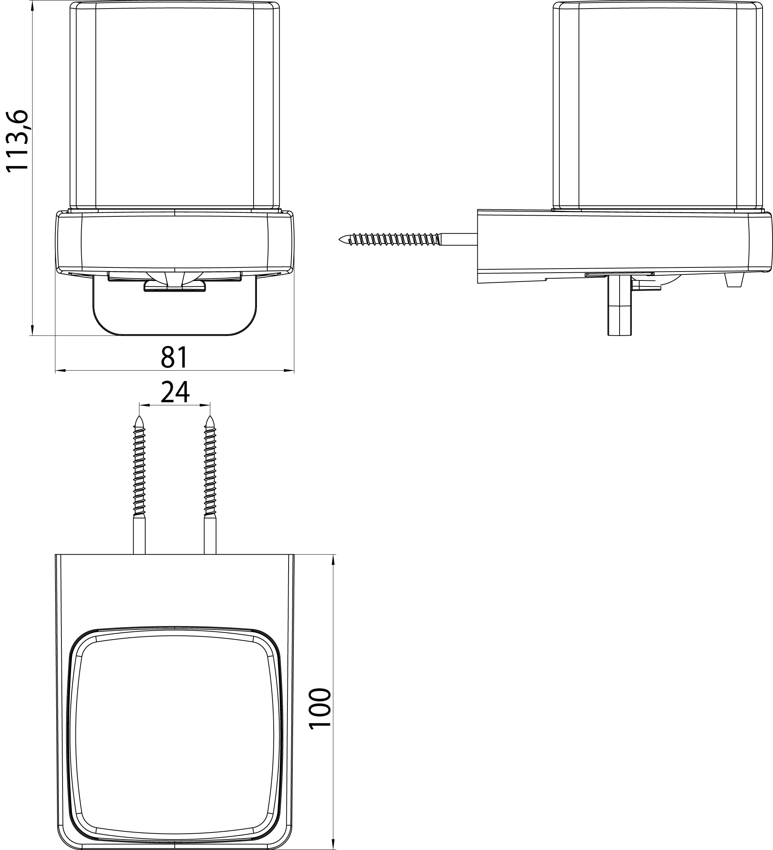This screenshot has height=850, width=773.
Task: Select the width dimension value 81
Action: tap(174, 357)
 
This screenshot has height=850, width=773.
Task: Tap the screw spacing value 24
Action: tap(175, 392)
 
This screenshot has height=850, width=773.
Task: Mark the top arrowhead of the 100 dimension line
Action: tap(334, 559)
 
